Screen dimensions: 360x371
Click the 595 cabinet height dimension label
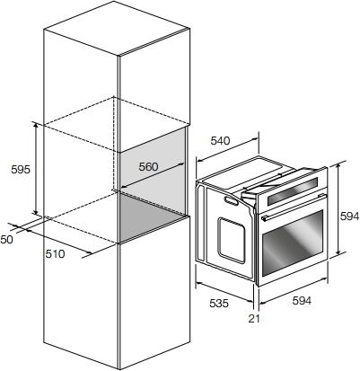click(x=21, y=170)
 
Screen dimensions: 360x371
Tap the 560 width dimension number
click(x=148, y=167)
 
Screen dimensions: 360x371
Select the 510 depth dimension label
click(x=55, y=254)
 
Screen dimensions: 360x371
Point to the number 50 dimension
click(x=6, y=240)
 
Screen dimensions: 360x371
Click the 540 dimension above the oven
click(x=220, y=140)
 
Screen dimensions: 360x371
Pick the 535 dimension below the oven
click(x=219, y=304)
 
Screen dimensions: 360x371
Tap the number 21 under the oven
click(x=254, y=319)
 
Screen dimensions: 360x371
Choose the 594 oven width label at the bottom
click(x=302, y=300)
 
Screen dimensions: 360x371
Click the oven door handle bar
click(x=292, y=208)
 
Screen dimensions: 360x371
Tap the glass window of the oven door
click(x=293, y=243)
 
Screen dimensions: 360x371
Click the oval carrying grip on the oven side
click(x=233, y=201)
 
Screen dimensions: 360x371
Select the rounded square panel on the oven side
click(x=233, y=240)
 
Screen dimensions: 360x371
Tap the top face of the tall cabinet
click(x=117, y=29)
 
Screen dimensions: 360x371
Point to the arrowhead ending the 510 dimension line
click(x=88, y=253)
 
